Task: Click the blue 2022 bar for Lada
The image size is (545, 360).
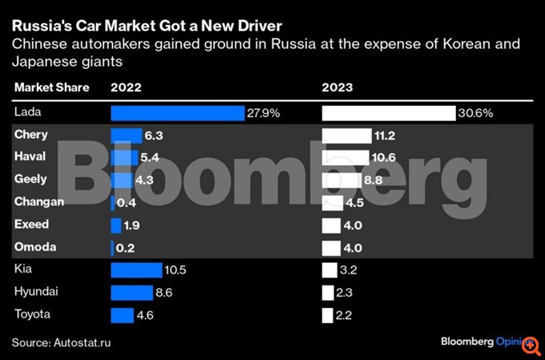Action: (x=177, y=113)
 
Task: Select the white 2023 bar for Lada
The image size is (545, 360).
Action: (x=388, y=113)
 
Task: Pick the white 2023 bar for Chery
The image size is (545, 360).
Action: (x=346, y=136)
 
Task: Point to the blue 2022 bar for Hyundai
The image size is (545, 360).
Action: (x=131, y=293)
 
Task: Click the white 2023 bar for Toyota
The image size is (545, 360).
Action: (x=327, y=315)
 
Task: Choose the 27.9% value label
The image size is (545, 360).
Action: (x=264, y=113)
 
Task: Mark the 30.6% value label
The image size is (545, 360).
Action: (x=474, y=113)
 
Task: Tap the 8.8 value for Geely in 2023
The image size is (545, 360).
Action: (x=373, y=180)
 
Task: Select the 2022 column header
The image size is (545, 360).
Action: (x=127, y=87)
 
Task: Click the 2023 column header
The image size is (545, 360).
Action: (x=338, y=87)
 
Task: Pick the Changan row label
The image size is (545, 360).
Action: (x=39, y=202)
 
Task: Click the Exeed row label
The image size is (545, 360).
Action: (x=31, y=224)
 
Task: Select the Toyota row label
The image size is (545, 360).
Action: (x=32, y=314)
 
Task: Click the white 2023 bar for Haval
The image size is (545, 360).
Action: (x=345, y=158)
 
